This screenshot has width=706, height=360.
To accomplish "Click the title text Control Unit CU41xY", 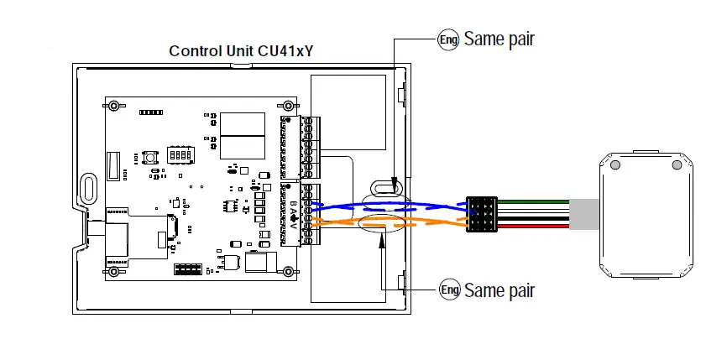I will pyautogui.click(x=242, y=51).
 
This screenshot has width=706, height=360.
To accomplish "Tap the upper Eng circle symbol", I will pyautogui.click(x=448, y=39).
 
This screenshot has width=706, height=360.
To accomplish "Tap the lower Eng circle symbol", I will pyautogui.click(x=450, y=290).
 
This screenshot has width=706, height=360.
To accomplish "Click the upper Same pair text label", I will pyautogui.click(x=499, y=39).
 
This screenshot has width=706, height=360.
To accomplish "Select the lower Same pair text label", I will pyautogui.click(x=499, y=290).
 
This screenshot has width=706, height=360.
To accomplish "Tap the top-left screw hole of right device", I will pyautogui.click(x=615, y=165).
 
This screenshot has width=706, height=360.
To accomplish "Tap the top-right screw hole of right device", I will pyautogui.click(x=675, y=165).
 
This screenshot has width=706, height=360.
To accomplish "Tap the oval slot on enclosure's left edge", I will pyautogui.click(x=87, y=186).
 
